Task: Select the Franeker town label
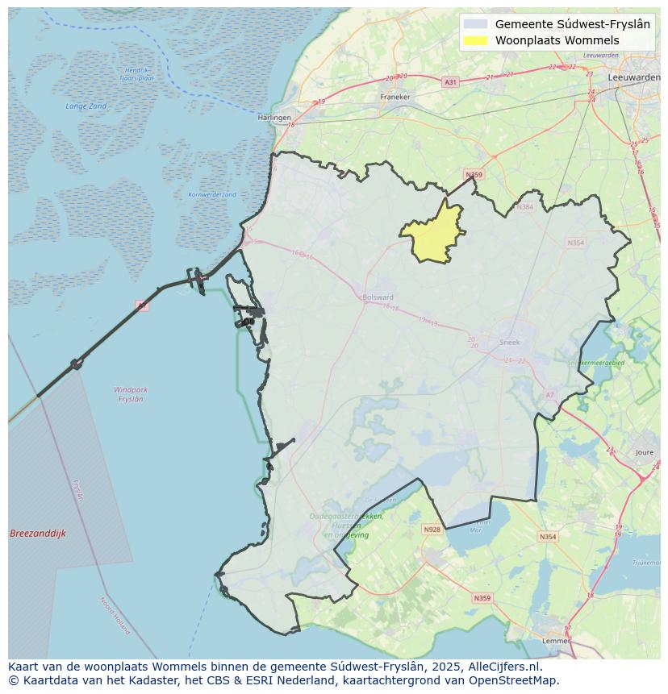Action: (x=395, y=97)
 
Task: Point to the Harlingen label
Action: (x=274, y=118)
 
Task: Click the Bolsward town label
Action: (x=378, y=297)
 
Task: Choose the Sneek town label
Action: (x=510, y=342)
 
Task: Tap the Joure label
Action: (x=645, y=453)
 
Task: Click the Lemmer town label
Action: (x=556, y=641)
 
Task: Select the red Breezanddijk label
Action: (x=38, y=534)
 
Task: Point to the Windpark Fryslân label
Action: (x=131, y=394)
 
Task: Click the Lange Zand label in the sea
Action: (x=86, y=106)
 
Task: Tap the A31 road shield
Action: (x=451, y=82)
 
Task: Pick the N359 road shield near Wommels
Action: (x=474, y=175)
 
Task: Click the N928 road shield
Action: (x=432, y=530)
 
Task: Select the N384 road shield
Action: (x=525, y=207)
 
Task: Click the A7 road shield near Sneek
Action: (x=550, y=395)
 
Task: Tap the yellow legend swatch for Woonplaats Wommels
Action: (x=477, y=40)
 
